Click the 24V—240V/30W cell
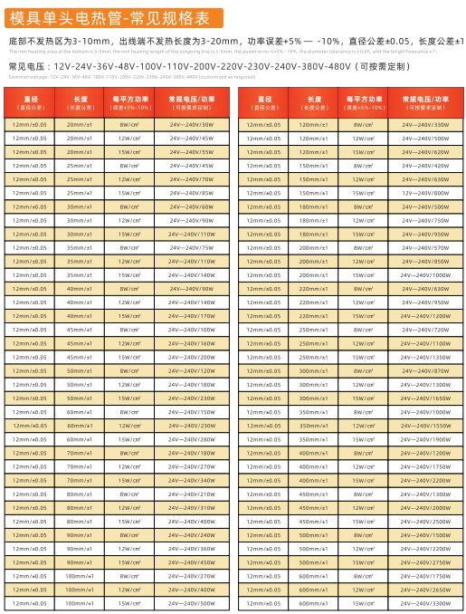click(190, 124)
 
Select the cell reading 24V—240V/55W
click(190, 152)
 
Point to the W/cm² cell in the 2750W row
click(364, 561)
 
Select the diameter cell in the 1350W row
click(263, 357)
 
